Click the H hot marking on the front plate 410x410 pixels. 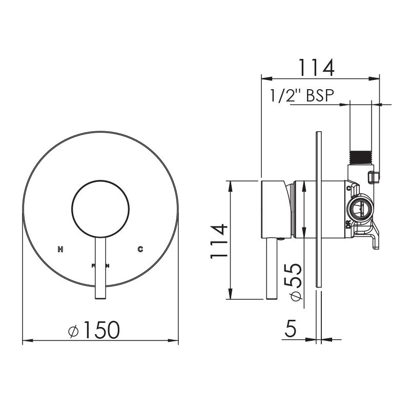pyautogui.click(x=60, y=250)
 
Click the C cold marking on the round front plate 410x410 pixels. pyautogui.click(x=140, y=250)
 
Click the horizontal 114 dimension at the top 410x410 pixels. pyautogui.click(x=316, y=67)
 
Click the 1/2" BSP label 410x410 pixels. pyautogui.click(x=301, y=96)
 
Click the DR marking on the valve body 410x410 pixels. pyautogui.click(x=348, y=225)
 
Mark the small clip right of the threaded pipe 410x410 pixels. pyautogui.click(x=375, y=176)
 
